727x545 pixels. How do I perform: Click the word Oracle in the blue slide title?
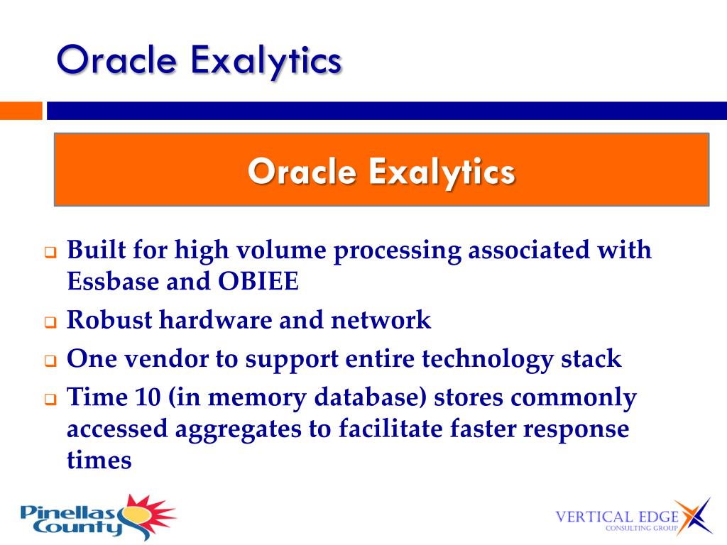(117, 60)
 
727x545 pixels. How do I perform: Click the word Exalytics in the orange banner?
(442, 172)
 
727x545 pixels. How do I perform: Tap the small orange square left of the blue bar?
(21, 111)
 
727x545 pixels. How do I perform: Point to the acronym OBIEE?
(258, 281)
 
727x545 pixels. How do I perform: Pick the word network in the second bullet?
(381, 320)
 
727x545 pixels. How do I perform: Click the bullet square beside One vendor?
(50, 360)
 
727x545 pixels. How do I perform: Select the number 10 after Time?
(148, 397)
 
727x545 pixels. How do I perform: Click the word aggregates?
(238, 429)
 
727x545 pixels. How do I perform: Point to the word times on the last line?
(99, 460)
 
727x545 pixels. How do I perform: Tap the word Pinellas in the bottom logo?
(67, 512)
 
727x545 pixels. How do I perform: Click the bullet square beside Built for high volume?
(50, 253)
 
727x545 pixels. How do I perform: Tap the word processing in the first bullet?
(398, 251)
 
